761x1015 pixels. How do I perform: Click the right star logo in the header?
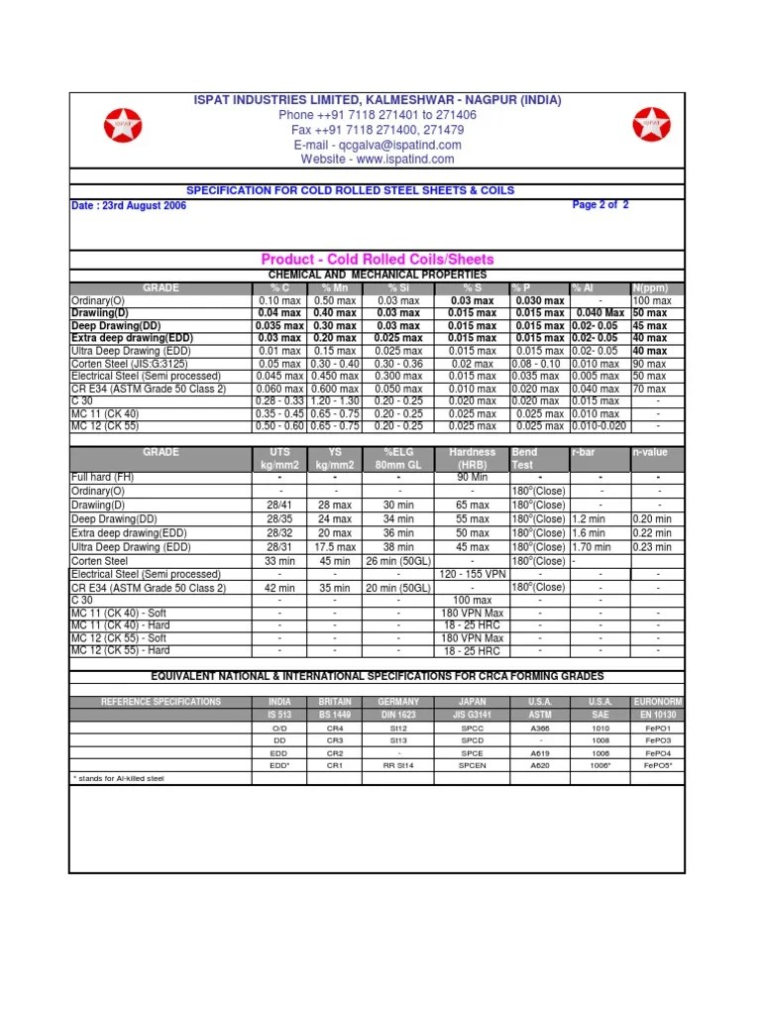(650, 125)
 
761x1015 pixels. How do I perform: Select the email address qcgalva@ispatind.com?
(378, 145)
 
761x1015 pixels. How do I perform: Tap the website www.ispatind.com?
(378, 159)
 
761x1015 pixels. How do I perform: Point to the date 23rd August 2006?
(129, 206)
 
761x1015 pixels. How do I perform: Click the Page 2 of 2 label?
(600, 205)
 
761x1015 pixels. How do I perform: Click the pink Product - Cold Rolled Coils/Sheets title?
(378, 260)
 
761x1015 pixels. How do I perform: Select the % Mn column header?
(335, 287)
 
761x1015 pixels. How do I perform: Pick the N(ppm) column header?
(650, 287)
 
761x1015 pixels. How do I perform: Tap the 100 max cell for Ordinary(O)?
(650, 300)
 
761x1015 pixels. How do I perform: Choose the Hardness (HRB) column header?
(473, 458)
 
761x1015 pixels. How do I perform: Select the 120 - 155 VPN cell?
(473, 574)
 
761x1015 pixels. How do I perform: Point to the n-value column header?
(650, 452)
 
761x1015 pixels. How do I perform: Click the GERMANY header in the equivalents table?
(399, 702)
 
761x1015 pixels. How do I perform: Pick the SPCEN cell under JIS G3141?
(473, 765)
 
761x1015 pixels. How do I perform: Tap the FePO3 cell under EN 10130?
(658, 740)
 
